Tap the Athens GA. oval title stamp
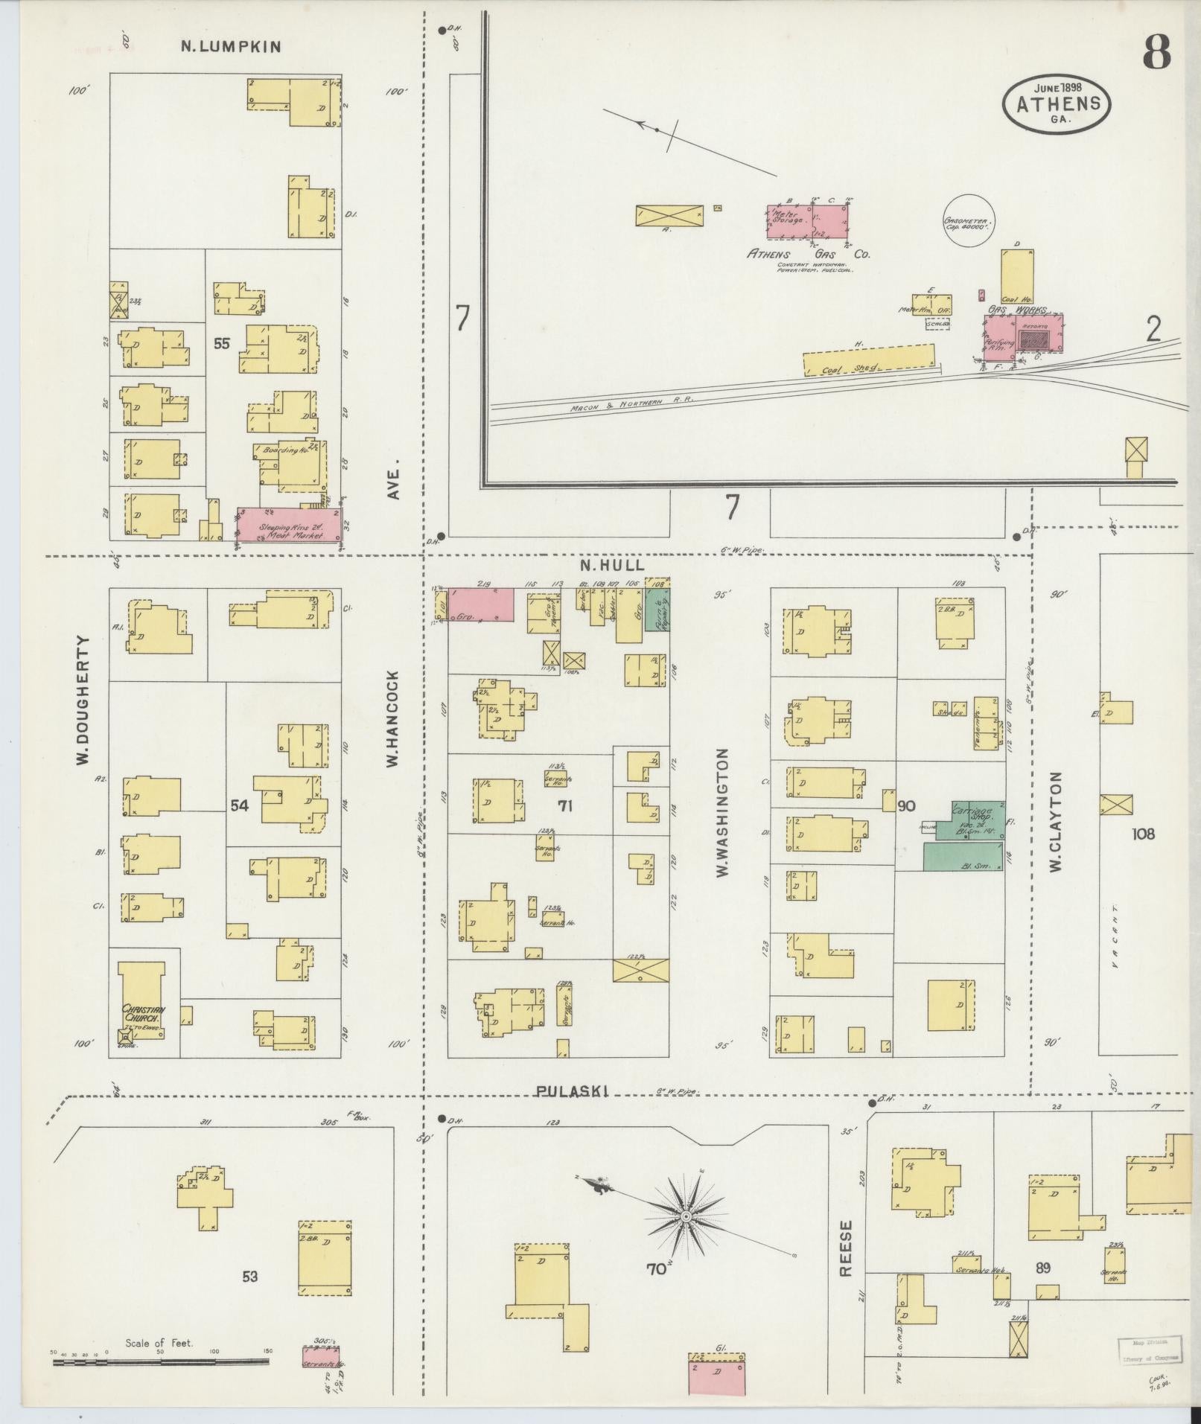pos(1056,104)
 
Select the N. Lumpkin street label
pos(231,47)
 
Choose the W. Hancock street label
pos(392,718)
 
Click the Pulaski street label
pos(572,1091)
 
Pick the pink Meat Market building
pos(289,526)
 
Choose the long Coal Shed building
pos(868,360)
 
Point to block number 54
pos(239,805)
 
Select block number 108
pos(1143,834)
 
